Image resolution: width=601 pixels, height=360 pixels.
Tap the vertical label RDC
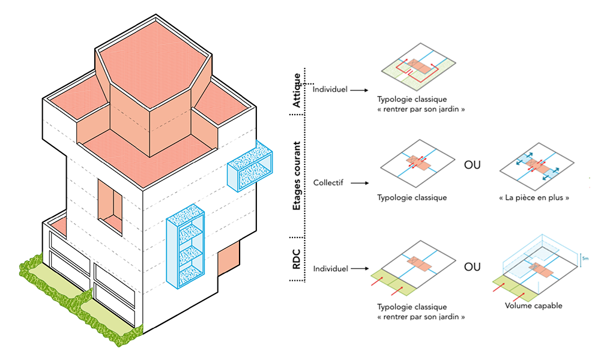pos(297,254)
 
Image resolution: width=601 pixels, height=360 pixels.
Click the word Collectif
pos(328,182)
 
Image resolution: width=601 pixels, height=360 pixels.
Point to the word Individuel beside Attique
pos(330,90)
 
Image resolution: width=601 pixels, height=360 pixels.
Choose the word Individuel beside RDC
pos(330,268)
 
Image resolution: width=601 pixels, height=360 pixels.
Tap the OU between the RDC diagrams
pos(473,266)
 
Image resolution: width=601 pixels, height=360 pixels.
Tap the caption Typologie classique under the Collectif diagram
pos(412,197)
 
